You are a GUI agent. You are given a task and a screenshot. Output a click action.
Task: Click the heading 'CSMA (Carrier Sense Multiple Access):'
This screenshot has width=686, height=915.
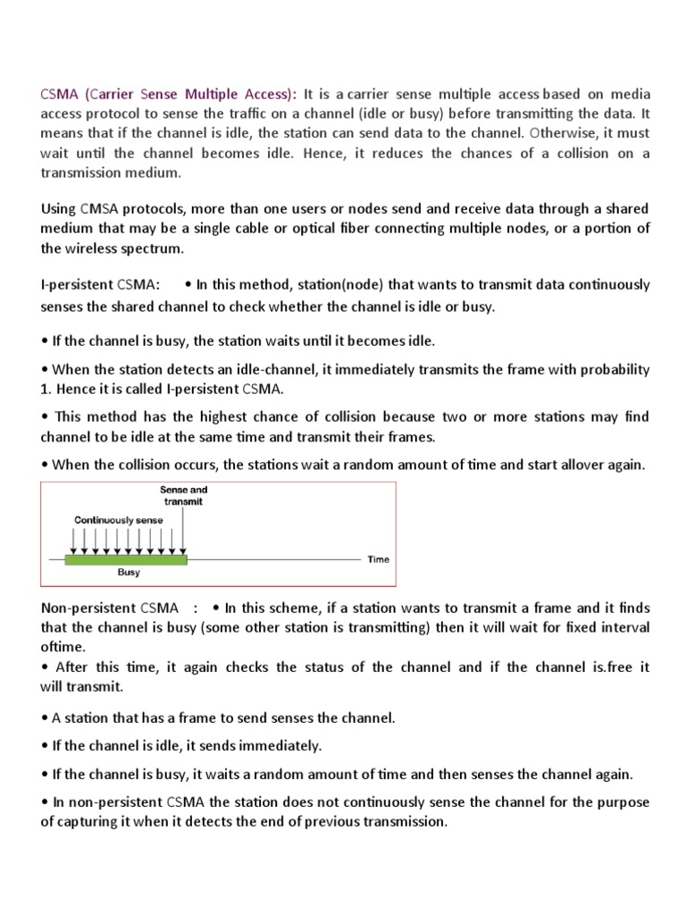170,94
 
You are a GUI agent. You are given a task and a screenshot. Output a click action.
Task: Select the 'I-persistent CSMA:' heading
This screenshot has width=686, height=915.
101,285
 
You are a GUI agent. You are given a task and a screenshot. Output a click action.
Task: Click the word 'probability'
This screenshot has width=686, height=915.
612,369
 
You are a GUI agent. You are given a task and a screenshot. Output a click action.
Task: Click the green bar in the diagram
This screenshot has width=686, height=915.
126,559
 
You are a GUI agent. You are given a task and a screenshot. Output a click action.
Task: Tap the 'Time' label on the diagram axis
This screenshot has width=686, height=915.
379,560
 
